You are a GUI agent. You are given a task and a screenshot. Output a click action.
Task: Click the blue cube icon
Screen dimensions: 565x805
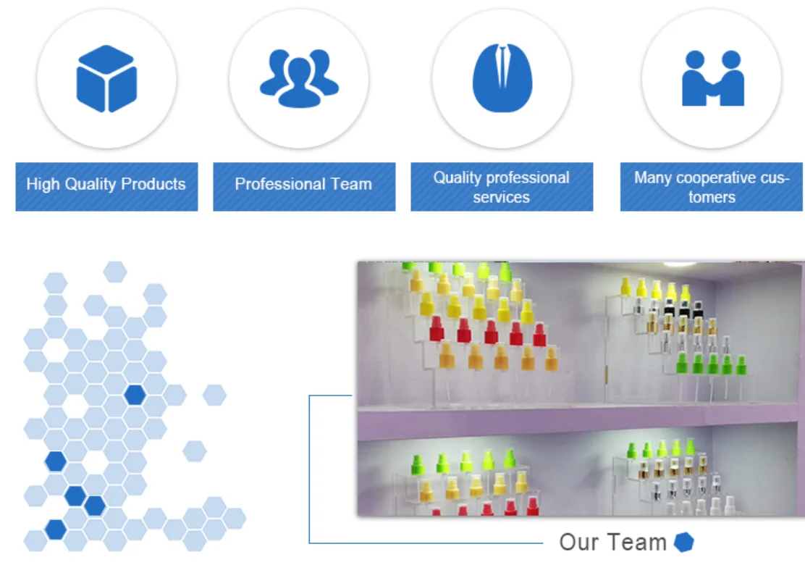(106, 78)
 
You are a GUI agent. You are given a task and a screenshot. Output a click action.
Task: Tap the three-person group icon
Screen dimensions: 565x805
(299, 78)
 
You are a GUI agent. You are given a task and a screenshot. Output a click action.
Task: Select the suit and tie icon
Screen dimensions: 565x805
(502, 78)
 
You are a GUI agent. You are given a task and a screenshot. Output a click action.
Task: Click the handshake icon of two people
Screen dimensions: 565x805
(712, 78)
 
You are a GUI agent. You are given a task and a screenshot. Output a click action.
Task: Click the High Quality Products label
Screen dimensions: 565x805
(106, 185)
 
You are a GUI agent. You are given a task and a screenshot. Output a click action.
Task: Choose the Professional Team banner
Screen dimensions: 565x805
(304, 185)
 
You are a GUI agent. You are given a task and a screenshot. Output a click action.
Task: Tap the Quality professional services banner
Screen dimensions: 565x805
(502, 187)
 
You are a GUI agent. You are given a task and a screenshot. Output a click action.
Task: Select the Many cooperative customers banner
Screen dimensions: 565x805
(712, 187)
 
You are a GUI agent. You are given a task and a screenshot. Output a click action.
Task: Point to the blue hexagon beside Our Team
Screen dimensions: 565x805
(684, 542)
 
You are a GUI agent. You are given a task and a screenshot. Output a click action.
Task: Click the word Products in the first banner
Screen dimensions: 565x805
(153, 185)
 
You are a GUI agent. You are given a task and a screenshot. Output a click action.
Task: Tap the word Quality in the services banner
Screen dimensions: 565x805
(457, 177)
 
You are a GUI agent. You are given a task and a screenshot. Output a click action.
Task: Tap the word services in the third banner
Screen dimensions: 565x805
(501, 197)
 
